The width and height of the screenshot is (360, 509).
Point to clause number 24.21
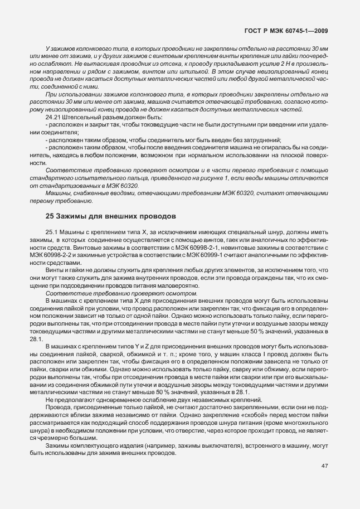pos(51,117)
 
